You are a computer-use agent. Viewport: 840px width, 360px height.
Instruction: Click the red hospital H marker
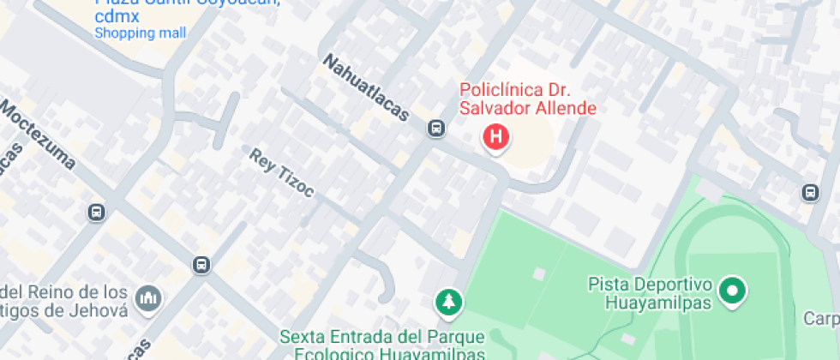point(495,136)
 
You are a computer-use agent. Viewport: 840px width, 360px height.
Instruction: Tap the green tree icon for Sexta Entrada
point(447,301)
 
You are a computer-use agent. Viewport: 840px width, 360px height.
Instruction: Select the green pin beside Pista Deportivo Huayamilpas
point(732,291)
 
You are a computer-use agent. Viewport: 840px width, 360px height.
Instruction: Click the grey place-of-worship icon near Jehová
point(148,299)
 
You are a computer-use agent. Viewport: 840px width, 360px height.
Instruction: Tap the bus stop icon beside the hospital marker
point(436,129)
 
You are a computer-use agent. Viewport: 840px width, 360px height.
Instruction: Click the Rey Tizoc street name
point(282,172)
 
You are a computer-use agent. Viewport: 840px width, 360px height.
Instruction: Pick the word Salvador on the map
point(493,108)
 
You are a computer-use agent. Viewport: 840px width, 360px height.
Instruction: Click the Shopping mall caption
point(140,33)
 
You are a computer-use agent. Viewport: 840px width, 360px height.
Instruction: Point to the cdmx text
point(117,16)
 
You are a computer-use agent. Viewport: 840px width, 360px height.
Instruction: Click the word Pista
point(606,284)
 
